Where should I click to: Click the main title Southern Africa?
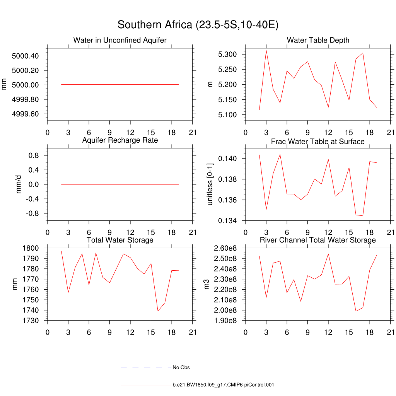pos(198,25)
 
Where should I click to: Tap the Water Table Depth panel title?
pos(318,40)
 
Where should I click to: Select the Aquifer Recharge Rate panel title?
pos(120,140)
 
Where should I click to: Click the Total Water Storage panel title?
pos(120,240)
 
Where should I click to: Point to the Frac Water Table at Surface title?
pos(318,142)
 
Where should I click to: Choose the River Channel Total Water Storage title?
pos(318,240)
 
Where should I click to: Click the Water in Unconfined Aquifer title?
pos(120,40)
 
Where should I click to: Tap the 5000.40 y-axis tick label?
pos(26,56)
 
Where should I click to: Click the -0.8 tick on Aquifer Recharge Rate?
pos(32,213)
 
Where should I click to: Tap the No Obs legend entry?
pos(181,367)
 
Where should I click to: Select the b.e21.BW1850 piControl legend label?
pos(223,385)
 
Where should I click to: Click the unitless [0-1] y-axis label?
pos(210,184)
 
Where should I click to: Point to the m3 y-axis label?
pos(207,284)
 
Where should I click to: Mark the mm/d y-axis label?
pos(19,184)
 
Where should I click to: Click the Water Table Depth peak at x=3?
pos(266,50)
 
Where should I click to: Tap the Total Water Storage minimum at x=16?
pos(158,311)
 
